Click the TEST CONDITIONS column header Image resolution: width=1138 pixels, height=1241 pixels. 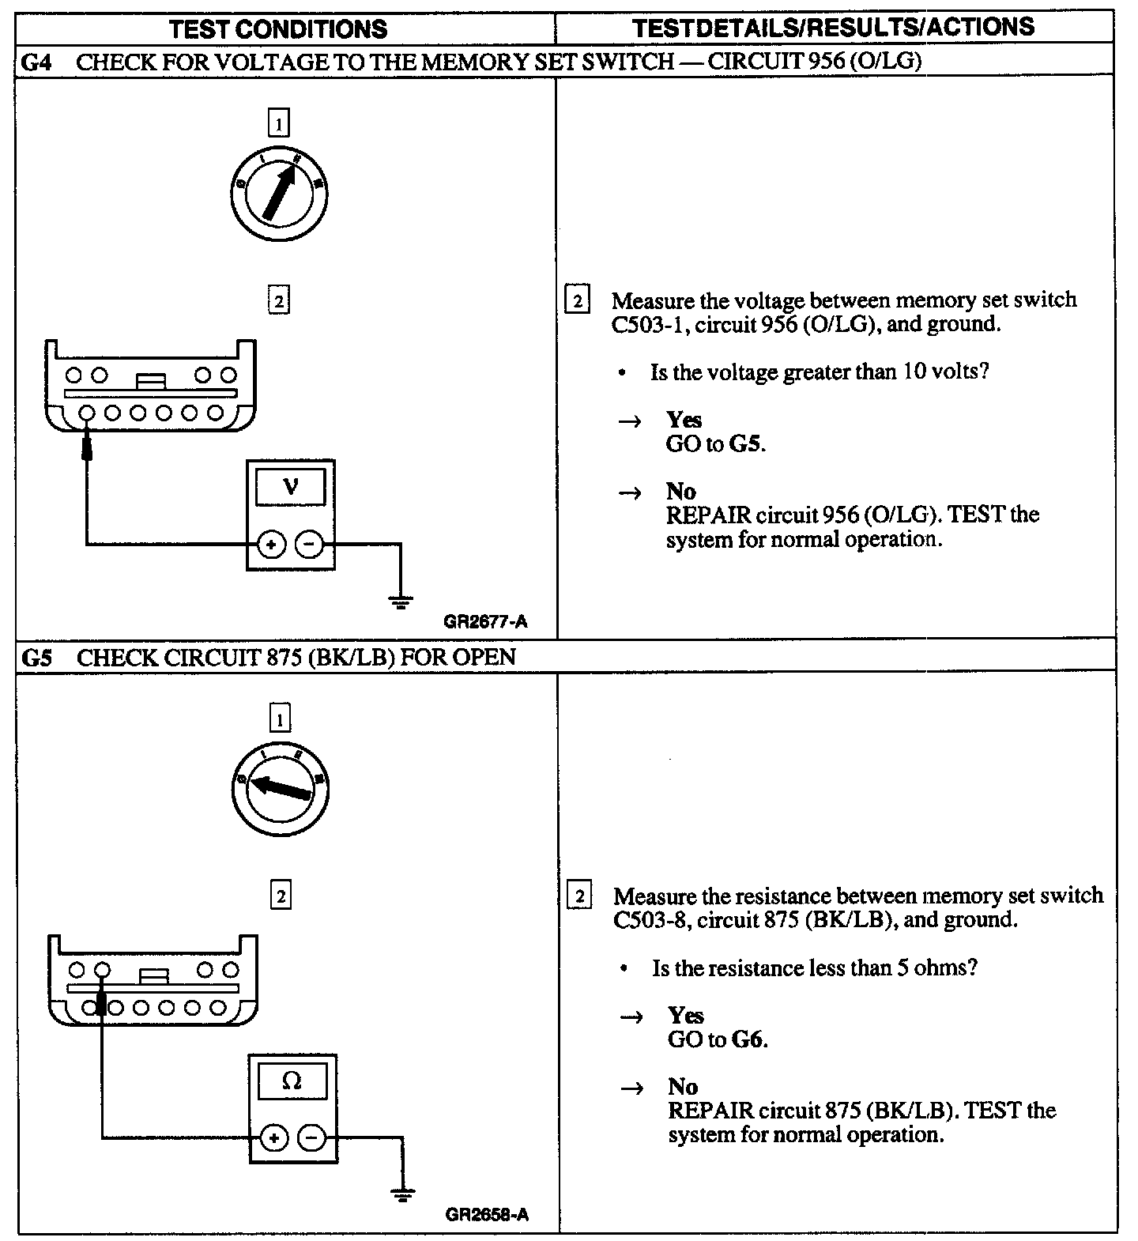[x=278, y=29]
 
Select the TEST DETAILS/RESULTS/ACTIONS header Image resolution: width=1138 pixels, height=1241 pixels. [x=834, y=27]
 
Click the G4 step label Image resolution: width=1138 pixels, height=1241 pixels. [x=36, y=62]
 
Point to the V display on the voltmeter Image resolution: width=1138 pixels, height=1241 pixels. [x=291, y=487]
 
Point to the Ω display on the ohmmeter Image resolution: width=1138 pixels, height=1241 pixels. [x=292, y=1081]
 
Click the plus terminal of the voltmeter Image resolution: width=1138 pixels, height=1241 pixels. [x=271, y=544]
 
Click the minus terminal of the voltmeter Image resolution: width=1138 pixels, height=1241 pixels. [x=309, y=544]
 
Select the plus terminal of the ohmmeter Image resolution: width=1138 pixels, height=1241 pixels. [x=273, y=1138]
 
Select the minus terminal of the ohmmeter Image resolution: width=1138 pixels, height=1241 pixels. [x=312, y=1138]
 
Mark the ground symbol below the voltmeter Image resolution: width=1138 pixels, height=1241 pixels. [x=401, y=604]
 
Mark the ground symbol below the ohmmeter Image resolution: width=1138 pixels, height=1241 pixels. [x=403, y=1196]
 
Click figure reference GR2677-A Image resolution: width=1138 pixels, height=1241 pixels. [x=485, y=621]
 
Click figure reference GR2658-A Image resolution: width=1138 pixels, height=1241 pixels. [x=487, y=1214]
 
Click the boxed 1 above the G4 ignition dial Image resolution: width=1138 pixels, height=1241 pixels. [x=279, y=123]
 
